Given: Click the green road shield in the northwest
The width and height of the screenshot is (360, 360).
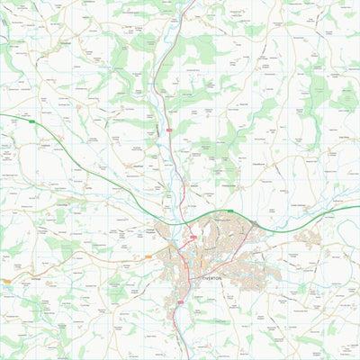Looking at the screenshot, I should pyautogui.click(x=30, y=121).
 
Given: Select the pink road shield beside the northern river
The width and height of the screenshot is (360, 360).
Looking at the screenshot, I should pyautogui.click(x=168, y=130).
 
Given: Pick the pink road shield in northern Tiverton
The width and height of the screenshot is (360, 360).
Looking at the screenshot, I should pyautogui.click(x=193, y=237).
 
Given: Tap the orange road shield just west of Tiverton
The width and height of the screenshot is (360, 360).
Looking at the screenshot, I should pyautogui.click(x=148, y=256).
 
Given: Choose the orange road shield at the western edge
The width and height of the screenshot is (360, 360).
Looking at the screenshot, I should pyautogui.click(x=7, y=282).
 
